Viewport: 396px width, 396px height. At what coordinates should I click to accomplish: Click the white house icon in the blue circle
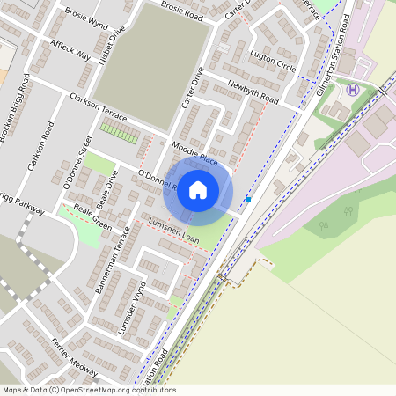pos(198,189)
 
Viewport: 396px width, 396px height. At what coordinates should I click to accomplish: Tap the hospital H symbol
pos(353,90)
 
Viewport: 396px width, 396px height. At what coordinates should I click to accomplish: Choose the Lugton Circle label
pos(273,60)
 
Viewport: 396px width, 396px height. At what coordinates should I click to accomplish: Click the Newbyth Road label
pos(253,92)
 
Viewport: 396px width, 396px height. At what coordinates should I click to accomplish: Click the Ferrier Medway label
pos(75,354)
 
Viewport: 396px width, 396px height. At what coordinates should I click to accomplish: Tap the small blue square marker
pos(248,200)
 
